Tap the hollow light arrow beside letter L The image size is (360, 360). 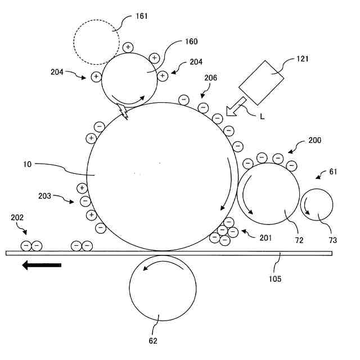pos(236,106)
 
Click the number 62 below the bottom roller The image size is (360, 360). pos(153,340)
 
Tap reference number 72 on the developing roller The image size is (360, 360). pos(299,240)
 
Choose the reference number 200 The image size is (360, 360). pos(315,140)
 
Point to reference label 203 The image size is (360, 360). pos(45,196)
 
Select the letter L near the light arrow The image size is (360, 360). pos(262,116)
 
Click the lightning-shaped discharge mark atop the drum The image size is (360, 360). pos(124,112)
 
